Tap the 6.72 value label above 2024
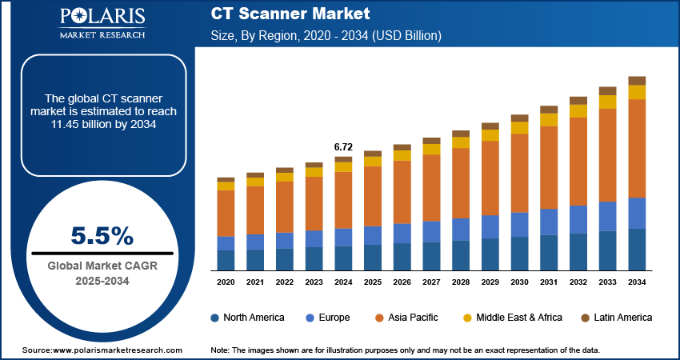[x=343, y=147]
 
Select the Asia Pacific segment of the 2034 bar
[x=637, y=148]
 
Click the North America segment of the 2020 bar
[x=226, y=260]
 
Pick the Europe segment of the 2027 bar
[x=431, y=231]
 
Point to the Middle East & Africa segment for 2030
[x=520, y=127]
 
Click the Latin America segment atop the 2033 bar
[x=607, y=90]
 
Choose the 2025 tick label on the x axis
[x=373, y=282]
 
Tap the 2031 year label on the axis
[x=549, y=282]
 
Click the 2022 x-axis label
[x=285, y=282]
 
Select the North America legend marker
[x=215, y=318]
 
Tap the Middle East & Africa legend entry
[x=511, y=318]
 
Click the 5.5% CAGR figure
[x=102, y=235]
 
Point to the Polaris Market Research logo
[x=102, y=23]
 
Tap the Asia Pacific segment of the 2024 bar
[x=343, y=200]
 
